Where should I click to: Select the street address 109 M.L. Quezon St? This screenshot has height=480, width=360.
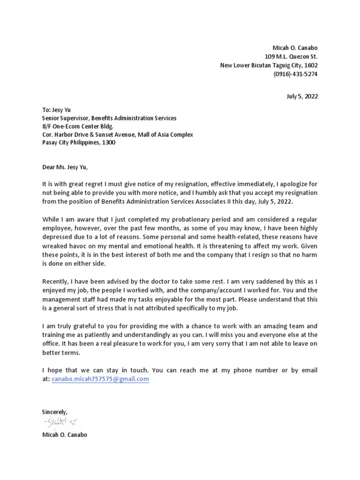tap(291, 57)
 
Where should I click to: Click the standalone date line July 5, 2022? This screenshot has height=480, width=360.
tap(302, 97)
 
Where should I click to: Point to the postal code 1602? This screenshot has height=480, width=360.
tap(311, 66)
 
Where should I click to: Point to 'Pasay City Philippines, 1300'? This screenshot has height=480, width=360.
tap(79, 143)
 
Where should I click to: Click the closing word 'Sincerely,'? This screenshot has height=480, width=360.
tap(55, 412)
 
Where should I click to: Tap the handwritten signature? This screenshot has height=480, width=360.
tap(61, 423)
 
